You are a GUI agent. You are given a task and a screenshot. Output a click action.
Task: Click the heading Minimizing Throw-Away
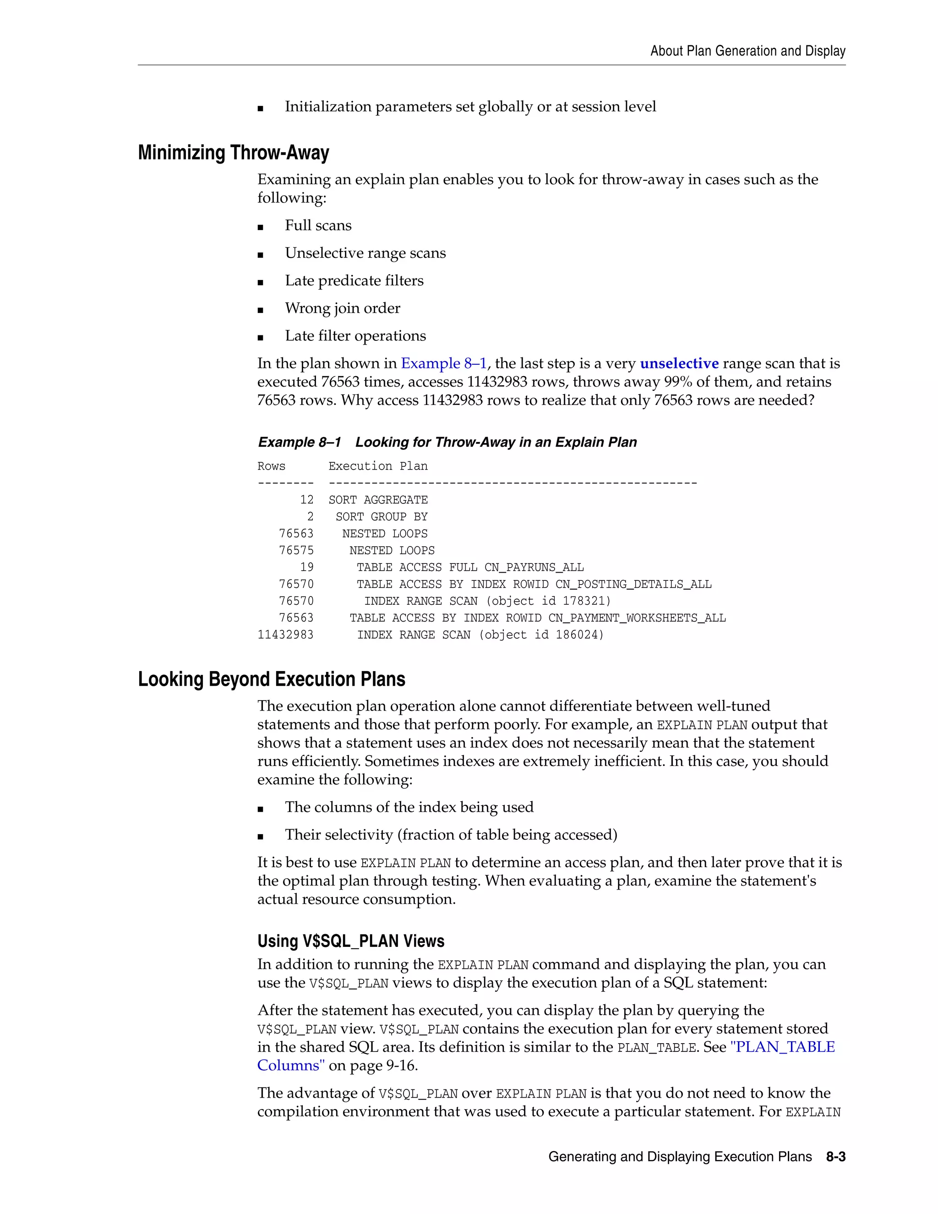click(234, 153)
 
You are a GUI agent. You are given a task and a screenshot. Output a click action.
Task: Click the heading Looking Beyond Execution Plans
click(271, 679)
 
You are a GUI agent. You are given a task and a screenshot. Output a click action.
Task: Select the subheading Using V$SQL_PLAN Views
click(351, 941)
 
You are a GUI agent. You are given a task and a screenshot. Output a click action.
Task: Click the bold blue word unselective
click(679, 364)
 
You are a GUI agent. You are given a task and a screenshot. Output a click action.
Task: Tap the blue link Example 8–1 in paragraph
click(443, 364)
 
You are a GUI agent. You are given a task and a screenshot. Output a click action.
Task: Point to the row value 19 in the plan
click(307, 568)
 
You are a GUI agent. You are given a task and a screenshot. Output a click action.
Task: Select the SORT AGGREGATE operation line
click(378, 500)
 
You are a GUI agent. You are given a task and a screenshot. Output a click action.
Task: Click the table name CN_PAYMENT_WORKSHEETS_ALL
click(637, 618)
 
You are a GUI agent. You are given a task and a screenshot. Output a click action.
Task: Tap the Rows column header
click(271, 466)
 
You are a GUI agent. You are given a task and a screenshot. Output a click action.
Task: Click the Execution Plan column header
click(378, 466)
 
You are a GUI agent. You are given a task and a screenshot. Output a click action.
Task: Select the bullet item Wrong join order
click(342, 308)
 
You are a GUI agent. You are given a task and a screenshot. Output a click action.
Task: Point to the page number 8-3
click(835, 1157)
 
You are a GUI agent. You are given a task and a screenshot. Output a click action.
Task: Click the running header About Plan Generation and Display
click(747, 51)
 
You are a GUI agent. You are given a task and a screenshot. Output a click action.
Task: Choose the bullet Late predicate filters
click(354, 281)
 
